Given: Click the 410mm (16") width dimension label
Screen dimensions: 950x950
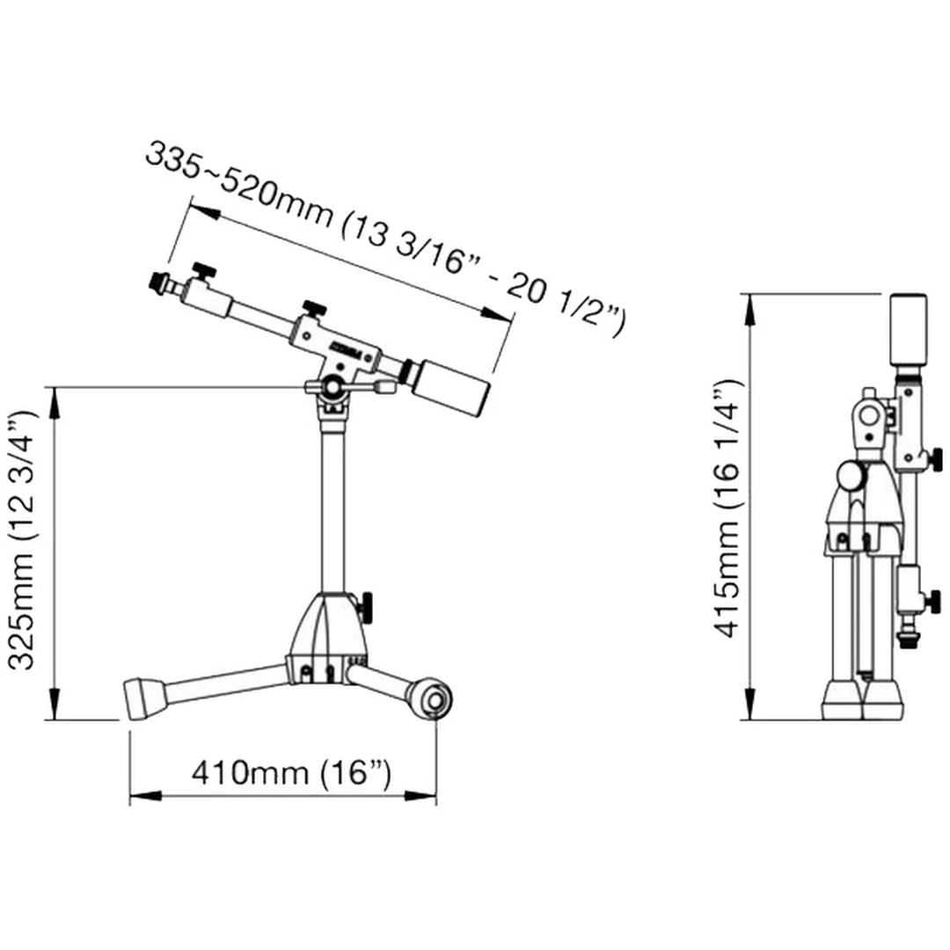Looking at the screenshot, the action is (291, 772).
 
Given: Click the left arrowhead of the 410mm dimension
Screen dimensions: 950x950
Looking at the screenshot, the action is (145, 795).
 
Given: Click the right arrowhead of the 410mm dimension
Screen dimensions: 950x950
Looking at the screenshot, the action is (420, 795).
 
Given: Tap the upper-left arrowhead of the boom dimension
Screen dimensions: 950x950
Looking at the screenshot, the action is (205, 211).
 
